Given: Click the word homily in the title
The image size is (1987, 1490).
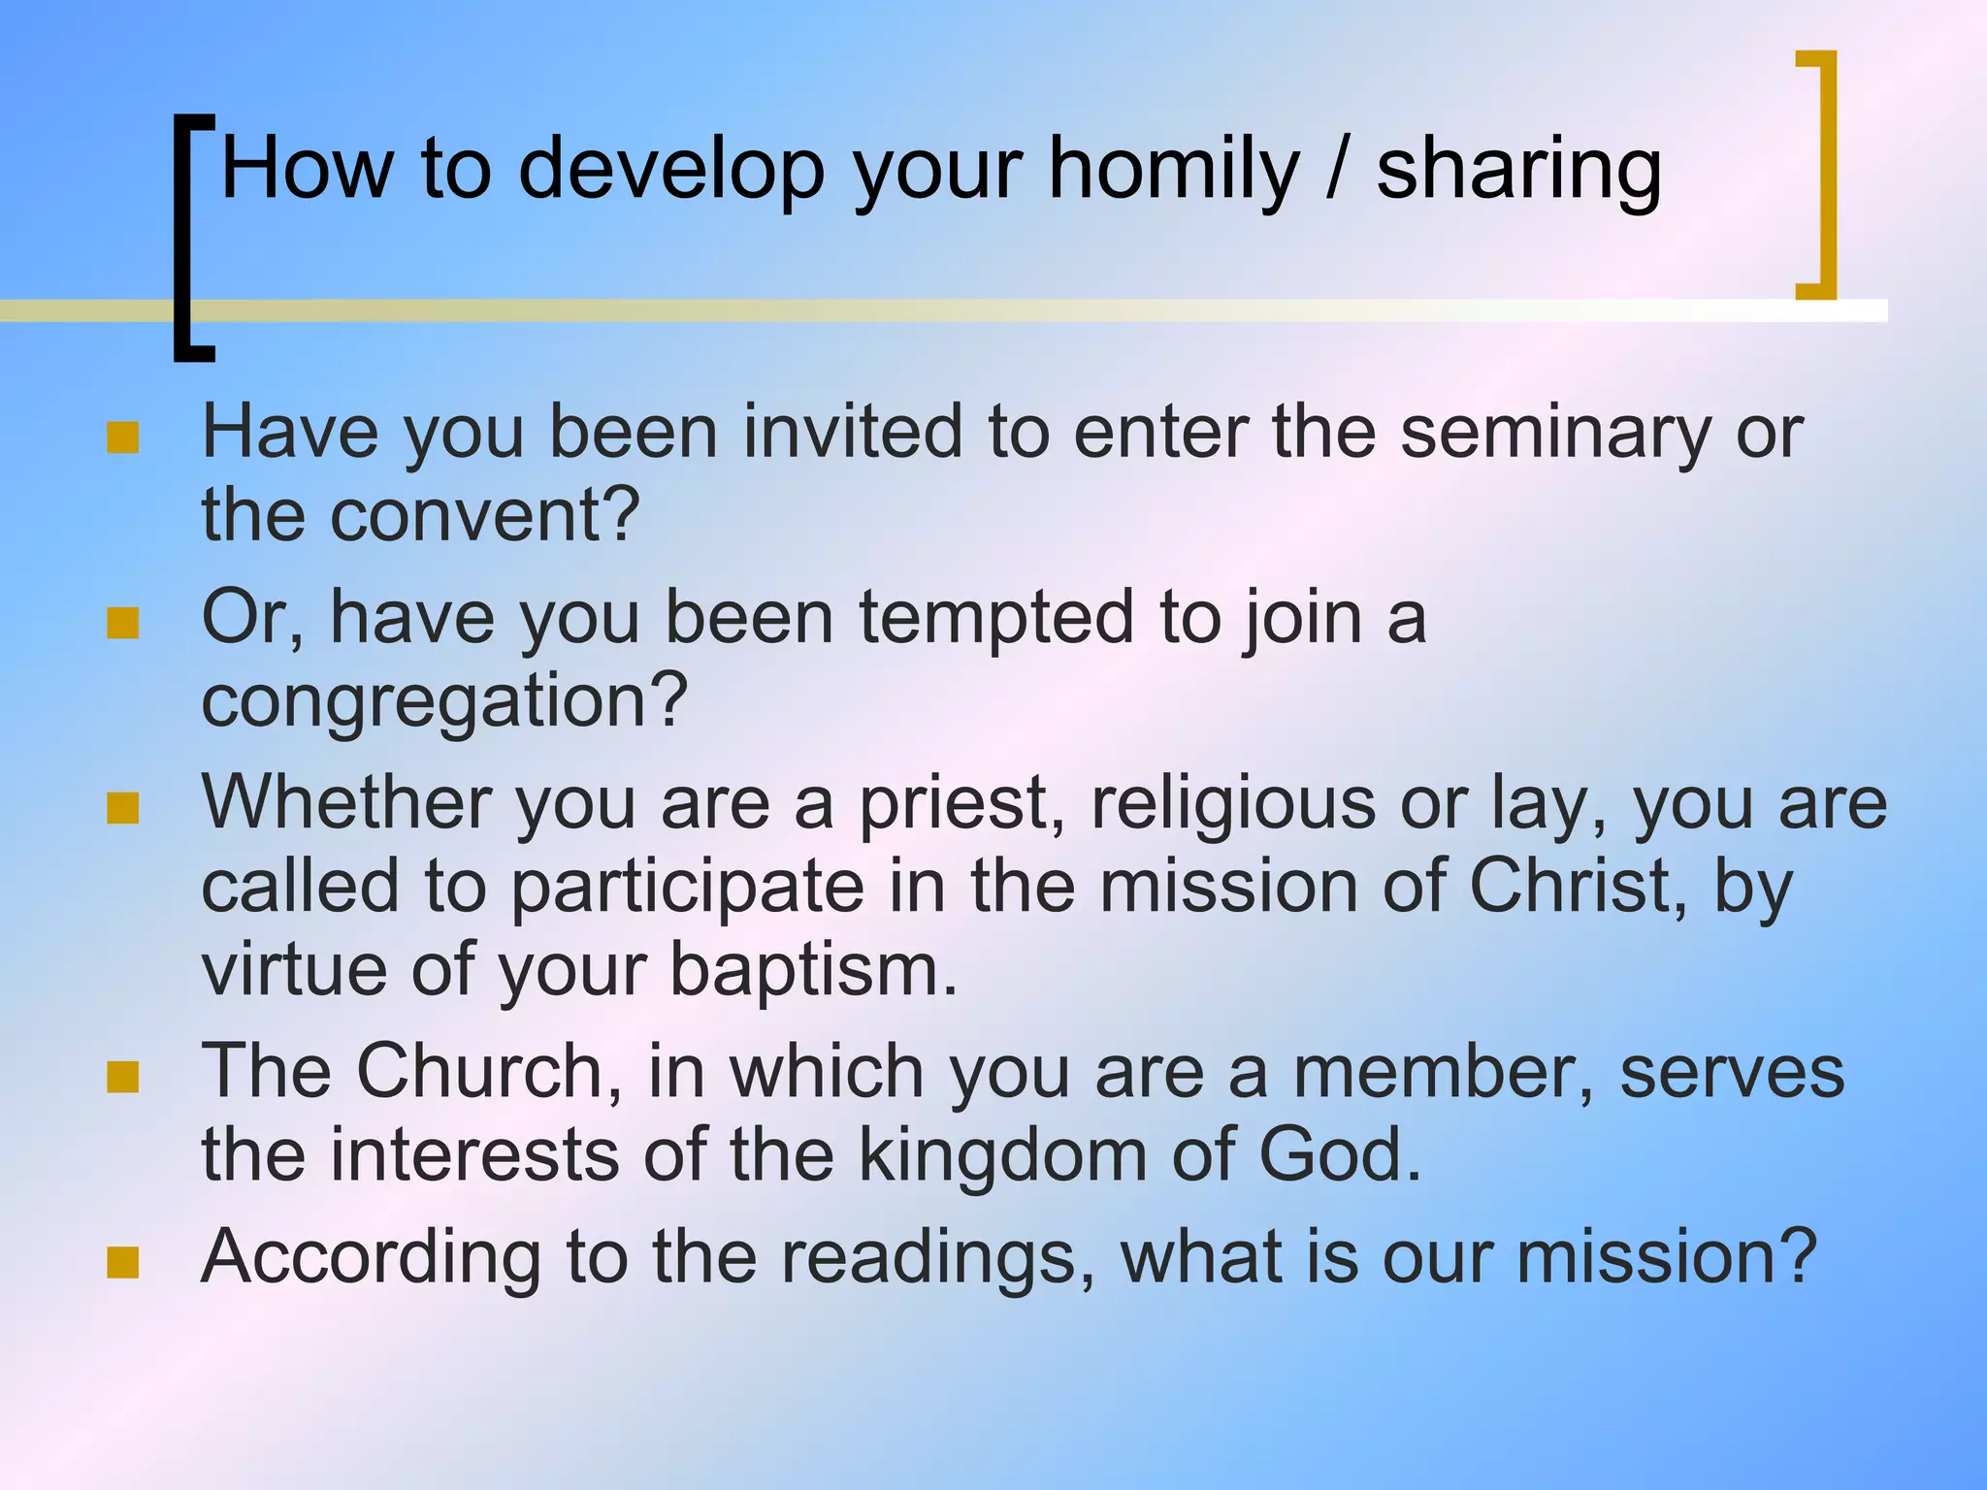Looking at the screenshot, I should (1173, 171).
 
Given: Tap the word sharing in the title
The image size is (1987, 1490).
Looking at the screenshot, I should (1518, 171).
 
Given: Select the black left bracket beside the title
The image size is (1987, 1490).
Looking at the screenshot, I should (184, 238).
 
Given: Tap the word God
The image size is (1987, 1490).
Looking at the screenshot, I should (1339, 1155).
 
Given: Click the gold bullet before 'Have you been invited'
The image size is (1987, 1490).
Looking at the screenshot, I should (123, 437).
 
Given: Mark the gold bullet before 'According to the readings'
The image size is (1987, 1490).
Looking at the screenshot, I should (123, 1263).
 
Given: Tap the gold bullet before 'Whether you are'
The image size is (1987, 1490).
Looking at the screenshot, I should (123, 808).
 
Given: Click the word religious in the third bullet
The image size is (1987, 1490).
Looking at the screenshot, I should (1232, 804).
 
